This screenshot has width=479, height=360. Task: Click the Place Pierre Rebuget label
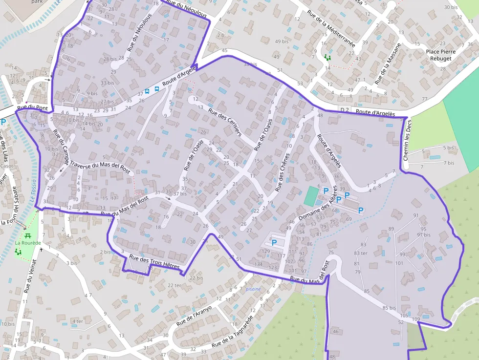[440, 55]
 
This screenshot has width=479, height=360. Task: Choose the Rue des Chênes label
[283, 172]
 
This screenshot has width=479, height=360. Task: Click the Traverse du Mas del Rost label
[100, 167]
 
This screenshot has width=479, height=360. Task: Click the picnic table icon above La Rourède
[28, 235]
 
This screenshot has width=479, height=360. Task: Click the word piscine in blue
[253, 289]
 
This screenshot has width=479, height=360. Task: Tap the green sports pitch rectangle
[310, 196]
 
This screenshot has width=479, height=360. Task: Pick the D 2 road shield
[345, 110]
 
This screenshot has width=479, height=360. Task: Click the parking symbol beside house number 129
[274, 242]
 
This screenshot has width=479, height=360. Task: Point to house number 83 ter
[361, 253]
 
